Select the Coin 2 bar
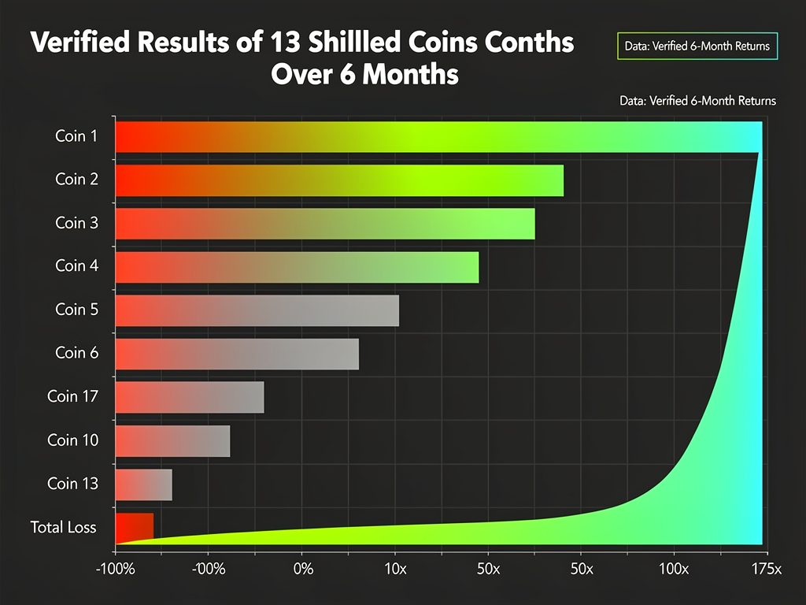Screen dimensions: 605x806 pyautogui.click(x=339, y=180)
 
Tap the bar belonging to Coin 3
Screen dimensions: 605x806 pyautogui.click(x=325, y=223)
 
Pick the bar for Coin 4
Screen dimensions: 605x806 pyautogui.click(x=297, y=267)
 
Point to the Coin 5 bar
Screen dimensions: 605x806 pyautogui.click(x=257, y=310)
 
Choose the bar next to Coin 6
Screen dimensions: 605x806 pyautogui.click(x=237, y=354)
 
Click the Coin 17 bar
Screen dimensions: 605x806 pyautogui.click(x=190, y=397)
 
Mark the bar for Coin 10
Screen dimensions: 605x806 pyautogui.click(x=172, y=440)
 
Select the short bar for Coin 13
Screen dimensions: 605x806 pyautogui.click(x=144, y=484)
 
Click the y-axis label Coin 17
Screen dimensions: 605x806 pyautogui.click(x=73, y=396)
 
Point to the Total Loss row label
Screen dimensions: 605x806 pyautogui.click(x=63, y=526)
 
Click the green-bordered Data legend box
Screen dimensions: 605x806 pyautogui.click(x=697, y=46)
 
